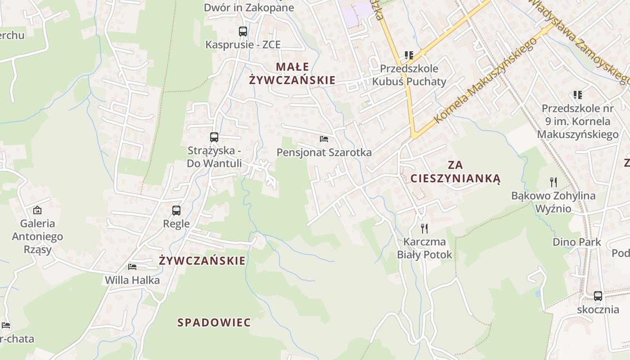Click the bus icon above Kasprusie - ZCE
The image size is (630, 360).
pos(243,31)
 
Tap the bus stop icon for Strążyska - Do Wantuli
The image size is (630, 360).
pos(214,137)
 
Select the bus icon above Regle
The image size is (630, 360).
pos(176,210)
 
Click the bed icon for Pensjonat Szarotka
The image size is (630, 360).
pos(324,139)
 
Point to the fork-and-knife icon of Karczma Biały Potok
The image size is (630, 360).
pos(424,228)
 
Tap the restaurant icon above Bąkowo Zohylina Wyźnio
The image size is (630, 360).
pos(553,182)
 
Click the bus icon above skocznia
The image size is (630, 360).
pos(598,296)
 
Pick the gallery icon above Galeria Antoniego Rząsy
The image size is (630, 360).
pos(37,210)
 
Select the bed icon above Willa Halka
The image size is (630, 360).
pos(132,266)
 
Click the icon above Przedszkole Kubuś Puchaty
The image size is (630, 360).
pos(409,55)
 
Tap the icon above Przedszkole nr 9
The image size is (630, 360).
pos(578,95)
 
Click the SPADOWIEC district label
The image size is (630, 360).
pos(214,323)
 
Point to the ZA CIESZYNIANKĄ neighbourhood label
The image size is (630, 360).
pos(455,171)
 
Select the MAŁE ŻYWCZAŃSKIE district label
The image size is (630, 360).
pos(292,74)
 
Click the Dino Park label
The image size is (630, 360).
pos(577,242)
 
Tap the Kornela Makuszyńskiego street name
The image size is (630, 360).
pos(486,81)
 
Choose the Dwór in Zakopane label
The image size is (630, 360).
pos(249,8)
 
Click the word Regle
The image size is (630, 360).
pos(176,224)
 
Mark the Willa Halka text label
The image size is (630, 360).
pos(132,280)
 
